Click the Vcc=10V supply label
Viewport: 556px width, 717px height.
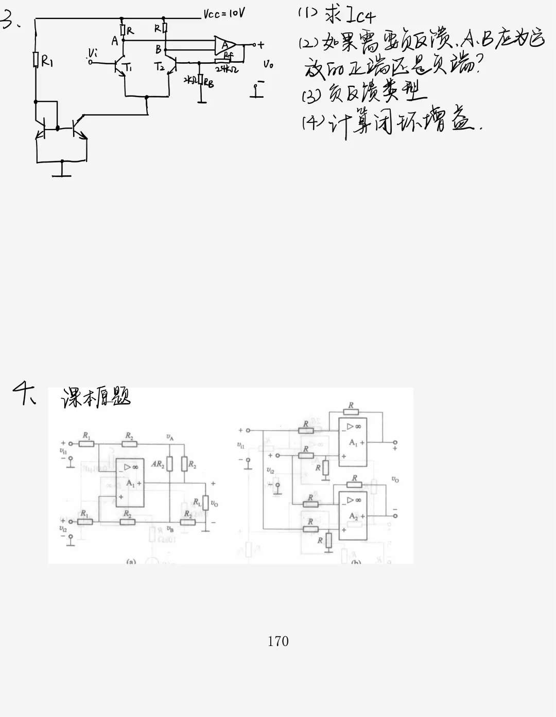tap(224, 13)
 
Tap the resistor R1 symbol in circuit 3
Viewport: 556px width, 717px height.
tap(36, 60)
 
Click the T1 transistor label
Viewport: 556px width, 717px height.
tap(127, 67)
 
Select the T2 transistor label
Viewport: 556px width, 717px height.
tap(160, 66)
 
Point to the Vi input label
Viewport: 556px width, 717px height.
tap(93, 52)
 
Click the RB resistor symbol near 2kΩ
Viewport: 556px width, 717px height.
tap(200, 80)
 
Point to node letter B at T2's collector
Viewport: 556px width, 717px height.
tap(159, 49)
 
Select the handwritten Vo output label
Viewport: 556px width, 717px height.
tap(268, 64)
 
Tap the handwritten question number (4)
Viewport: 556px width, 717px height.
tap(310, 123)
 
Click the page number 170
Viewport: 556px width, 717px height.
tap(278, 641)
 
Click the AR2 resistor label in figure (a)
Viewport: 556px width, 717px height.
tap(158, 464)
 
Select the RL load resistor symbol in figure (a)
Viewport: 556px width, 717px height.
tap(205, 502)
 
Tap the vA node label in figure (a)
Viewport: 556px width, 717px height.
tap(169, 437)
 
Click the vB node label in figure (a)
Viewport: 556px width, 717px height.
tap(170, 528)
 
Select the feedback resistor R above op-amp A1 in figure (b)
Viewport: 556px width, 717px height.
tap(351, 413)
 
